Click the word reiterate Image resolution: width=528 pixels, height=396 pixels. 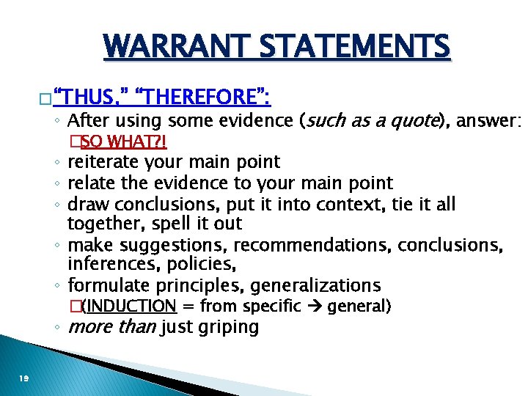[x=103, y=161]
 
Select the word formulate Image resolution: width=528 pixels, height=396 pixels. [x=106, y=285]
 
